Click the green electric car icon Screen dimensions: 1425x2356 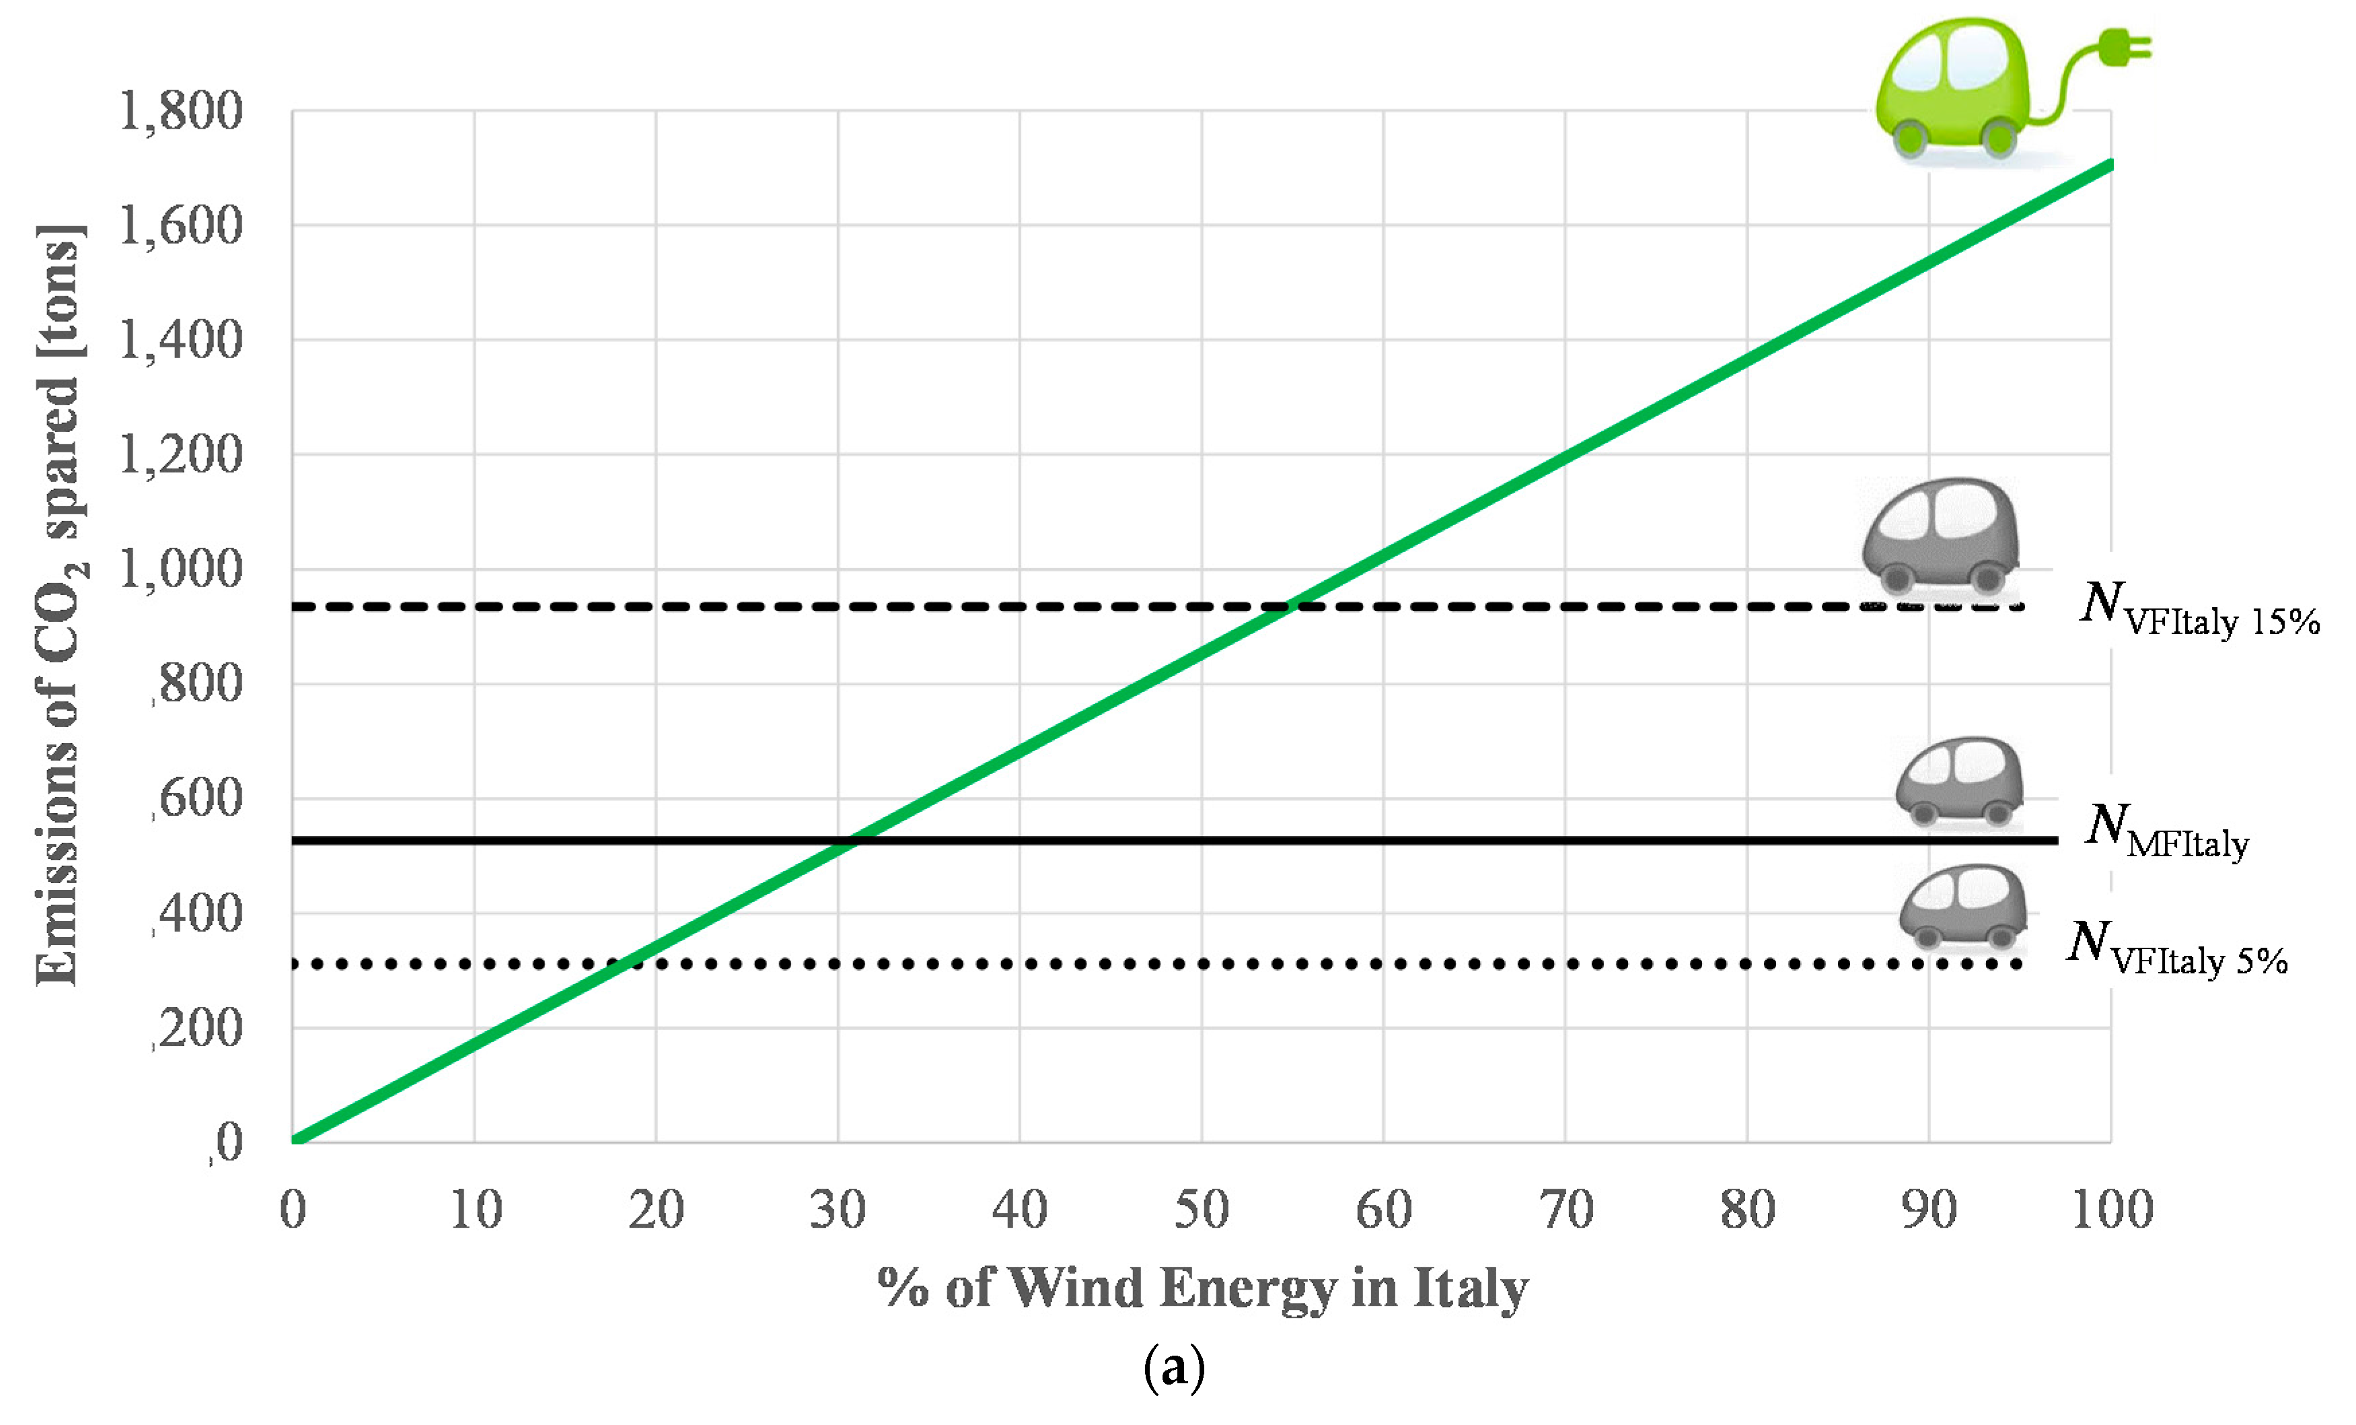click(x=1960, y=91)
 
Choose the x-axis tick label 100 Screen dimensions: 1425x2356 click(x=2111, y=1210)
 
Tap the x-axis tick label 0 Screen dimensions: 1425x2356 click(x=293, y=1210)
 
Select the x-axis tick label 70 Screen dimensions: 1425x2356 click(x=1566, y=1210)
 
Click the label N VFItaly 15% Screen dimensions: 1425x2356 click(x=2199, y=610)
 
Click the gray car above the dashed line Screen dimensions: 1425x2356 click(x=1941, y=536)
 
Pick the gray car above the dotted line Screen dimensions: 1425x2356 click(x=1962, y=906)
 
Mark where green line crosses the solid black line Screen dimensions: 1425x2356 click(x=853, y=841)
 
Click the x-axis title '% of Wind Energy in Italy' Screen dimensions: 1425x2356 click(x=1203, y=1288)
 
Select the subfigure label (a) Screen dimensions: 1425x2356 click(x=1174, y=1368)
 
